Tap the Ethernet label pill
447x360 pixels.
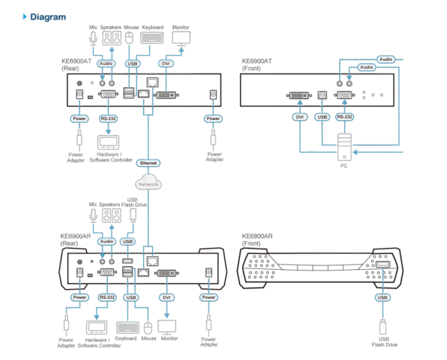click(x=148, y=162)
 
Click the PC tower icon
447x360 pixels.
click(x=343, y=146)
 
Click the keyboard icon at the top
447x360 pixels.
click(x=152, y=37)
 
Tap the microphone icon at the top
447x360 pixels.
click(x=93, y=36)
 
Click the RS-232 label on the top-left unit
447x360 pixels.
click(x=107, y=118)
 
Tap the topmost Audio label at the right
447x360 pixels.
click(x=385, y=58)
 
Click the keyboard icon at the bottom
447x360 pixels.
click(x=127, y=327)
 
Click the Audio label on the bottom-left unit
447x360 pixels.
click(x=107, y=241)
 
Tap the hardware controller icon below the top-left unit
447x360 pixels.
click(x=108, y=142)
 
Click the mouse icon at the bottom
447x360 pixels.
click(x=148, y=327)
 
